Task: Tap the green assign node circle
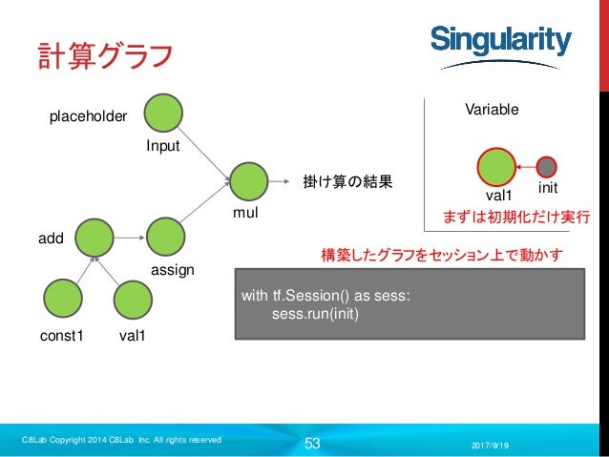tap(164, 236)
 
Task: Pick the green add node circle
tap(95, 236)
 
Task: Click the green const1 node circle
tap(62, 298)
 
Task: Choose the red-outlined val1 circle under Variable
tap(496, 165)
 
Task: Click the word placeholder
tap(88, 116)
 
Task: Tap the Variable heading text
tap(492, 110)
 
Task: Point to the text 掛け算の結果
tap(347, 180)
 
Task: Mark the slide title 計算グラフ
tap(104, 54)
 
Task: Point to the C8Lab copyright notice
tap(122, 440)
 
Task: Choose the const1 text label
tap(61, 337)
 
